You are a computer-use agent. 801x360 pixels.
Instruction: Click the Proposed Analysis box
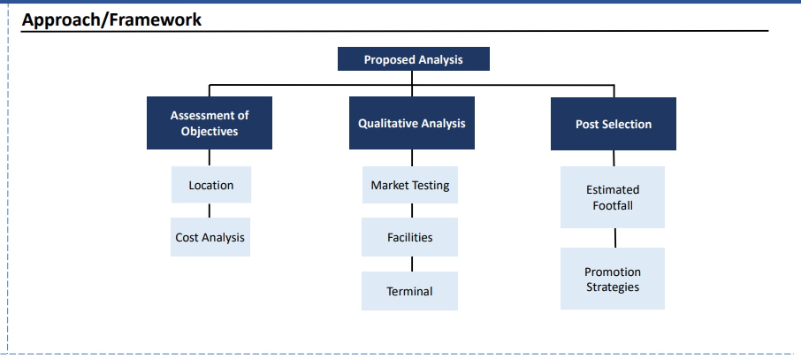click(413, 58)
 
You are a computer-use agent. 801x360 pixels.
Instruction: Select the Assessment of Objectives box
click(210, 123)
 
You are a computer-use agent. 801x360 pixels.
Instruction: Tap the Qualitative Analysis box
click(412, 123)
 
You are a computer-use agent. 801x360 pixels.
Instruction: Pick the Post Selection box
click(613, 124)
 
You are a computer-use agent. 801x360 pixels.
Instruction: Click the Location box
click(211, 185)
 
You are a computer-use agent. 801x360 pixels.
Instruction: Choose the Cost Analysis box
click(210, 237)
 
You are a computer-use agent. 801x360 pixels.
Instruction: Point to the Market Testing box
click(410, 185)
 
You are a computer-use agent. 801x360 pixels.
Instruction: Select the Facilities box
click(409, 237)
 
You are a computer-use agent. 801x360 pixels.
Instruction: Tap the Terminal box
click(409, 291)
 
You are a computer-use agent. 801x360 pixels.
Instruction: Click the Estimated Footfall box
click(613, 197)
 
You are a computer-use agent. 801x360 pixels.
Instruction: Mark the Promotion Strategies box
click(613, 279)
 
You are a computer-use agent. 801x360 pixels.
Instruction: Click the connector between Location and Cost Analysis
click(210, 211)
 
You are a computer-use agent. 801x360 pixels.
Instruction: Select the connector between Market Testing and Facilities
click(412, 211)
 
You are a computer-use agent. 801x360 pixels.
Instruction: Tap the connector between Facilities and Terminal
click(412, 264)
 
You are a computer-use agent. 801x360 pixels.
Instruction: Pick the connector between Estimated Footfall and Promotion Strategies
click(615, 238)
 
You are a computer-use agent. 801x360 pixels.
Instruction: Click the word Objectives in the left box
click(210, 132)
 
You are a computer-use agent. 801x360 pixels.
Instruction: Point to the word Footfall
click(613, 205)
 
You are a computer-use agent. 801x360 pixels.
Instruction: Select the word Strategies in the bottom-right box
click(613, 287)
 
